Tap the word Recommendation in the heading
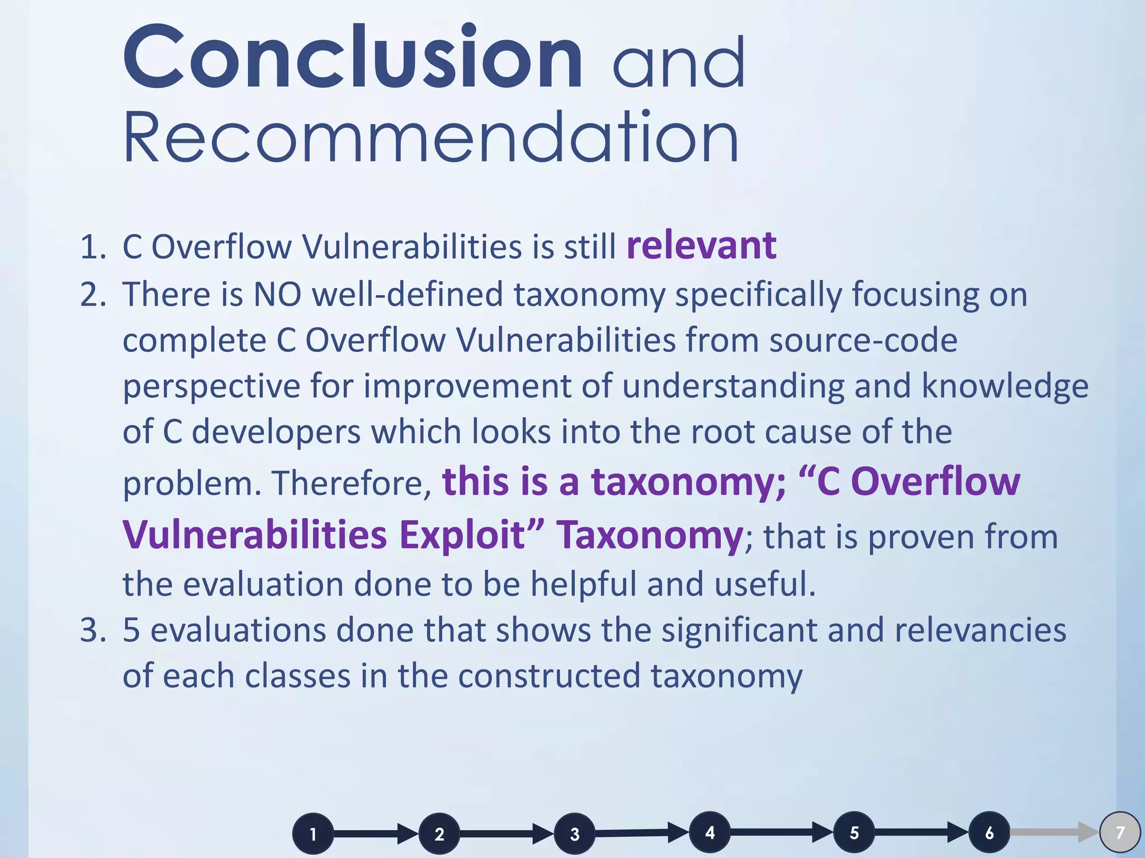coord(430,137)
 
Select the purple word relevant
coord(701,246)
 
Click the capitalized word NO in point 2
coord(277,294)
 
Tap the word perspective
coord(211,387)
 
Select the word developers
coord(276,432)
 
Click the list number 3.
coord(92,630)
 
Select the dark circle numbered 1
coord(313,834)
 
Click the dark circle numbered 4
coord(709,832)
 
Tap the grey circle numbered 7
coord(1120,832)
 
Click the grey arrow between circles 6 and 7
coord(1054,832)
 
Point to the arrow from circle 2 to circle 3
coord(506,834)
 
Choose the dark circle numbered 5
coord(854,832)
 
